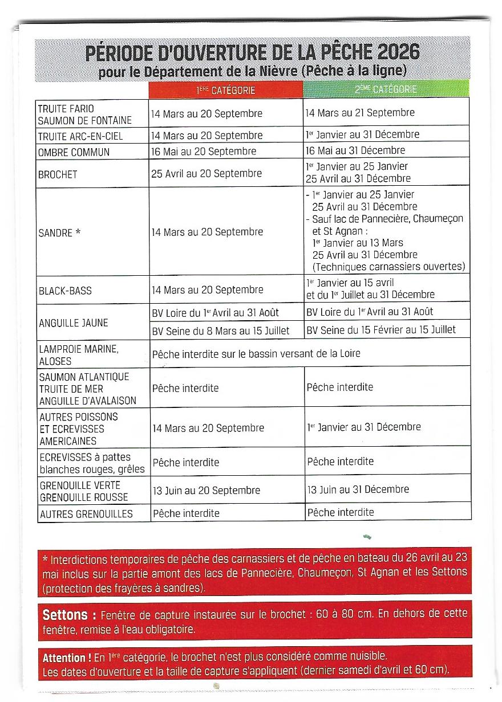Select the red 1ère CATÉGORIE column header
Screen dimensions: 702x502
226,89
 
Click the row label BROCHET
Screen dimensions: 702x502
58,174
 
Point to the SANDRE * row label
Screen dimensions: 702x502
63,232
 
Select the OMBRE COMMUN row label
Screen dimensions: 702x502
74,152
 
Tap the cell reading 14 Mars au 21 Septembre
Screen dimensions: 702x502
360,113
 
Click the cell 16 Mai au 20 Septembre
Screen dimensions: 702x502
204,152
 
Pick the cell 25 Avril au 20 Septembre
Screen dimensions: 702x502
207,174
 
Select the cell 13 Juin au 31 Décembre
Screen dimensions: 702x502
358,489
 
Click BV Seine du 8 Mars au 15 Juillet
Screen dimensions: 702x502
220,330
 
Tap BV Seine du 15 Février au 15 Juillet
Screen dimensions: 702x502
381,329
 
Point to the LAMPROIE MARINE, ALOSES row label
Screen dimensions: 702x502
78,355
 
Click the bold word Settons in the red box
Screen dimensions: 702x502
65,615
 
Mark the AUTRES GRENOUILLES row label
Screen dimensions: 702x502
86,514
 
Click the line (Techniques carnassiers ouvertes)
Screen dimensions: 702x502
388,266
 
